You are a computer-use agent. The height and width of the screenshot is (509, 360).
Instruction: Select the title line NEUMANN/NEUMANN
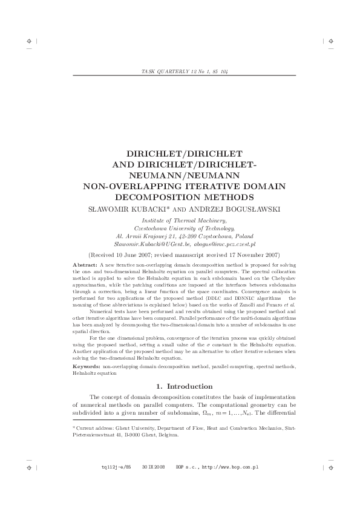tap(180, 175)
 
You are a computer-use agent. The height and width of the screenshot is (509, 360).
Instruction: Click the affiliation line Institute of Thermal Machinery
tap(180, 221)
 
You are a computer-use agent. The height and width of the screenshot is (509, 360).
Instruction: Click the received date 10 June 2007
tap(143, 255)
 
